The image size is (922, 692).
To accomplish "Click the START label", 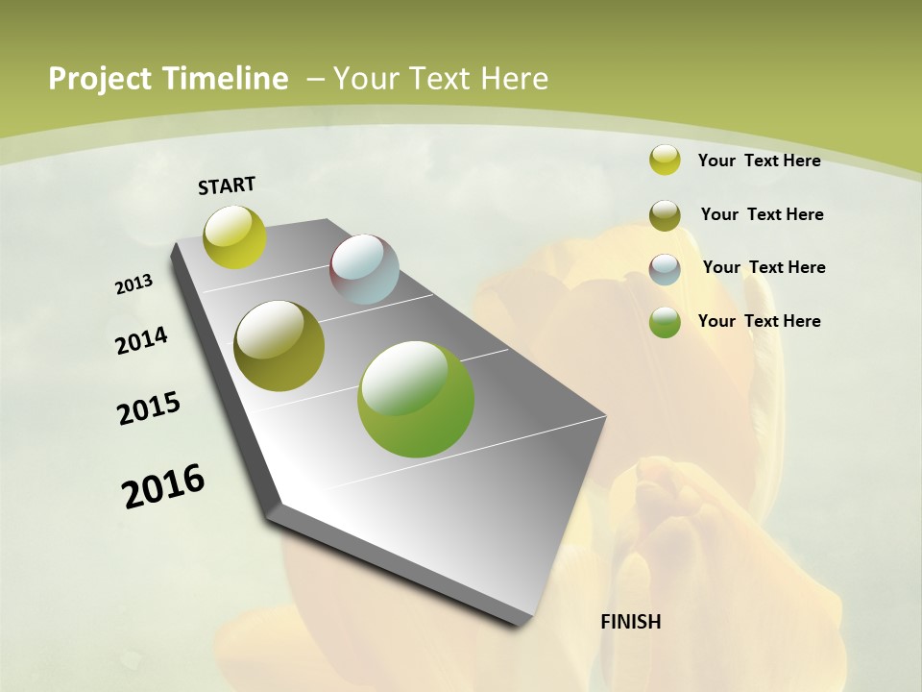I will (x=227, y=185).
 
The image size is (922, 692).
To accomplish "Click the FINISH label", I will (x=631, y=622).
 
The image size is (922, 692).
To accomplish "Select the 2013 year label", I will (x=134, y=284).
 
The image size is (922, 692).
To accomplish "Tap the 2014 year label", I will (x=142, y=341).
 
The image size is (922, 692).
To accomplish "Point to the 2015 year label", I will (x=149, y=408).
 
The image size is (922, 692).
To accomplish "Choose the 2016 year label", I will (x=163, y=486).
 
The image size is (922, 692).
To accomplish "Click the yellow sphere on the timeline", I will (x=235, y=237).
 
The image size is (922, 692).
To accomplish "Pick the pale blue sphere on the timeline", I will (x=365, y=269).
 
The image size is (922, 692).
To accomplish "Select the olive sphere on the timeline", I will (x=279, y=346).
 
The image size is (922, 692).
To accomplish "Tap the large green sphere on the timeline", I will (x=416, y=399).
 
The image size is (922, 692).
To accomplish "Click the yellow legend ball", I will (x=665, y=161).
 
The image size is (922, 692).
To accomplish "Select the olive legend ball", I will (x=665, y=215).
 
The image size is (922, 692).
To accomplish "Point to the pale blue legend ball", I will (x=665, y=269).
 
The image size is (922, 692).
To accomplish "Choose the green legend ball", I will (x=665, y=322).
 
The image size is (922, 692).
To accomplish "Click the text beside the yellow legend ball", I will (x=759, y=161).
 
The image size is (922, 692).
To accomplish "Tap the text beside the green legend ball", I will (x=759, y=321).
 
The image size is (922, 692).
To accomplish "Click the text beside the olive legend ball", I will (x=762, y=214).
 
